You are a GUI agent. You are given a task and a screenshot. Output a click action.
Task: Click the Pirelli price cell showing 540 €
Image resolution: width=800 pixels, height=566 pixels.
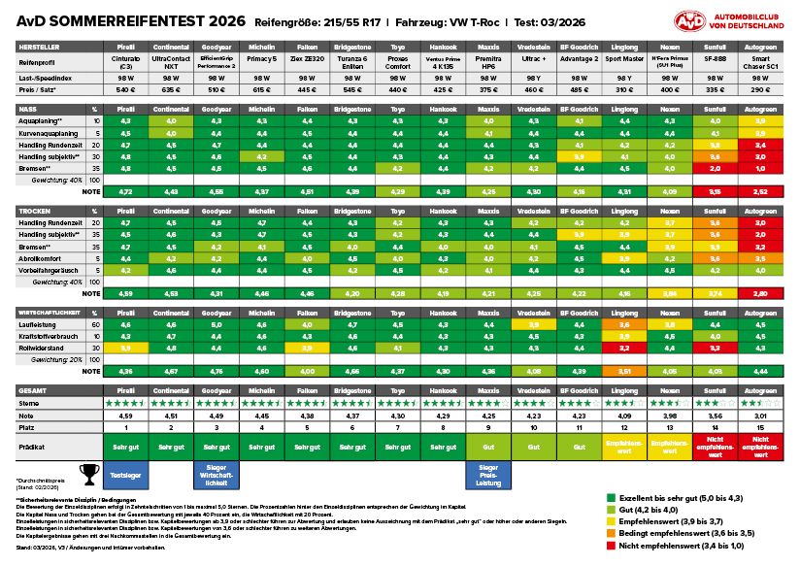click(x=125, y=88)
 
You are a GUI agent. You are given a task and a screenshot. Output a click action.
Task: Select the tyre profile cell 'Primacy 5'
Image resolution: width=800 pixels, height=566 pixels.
click(x=258, y=59)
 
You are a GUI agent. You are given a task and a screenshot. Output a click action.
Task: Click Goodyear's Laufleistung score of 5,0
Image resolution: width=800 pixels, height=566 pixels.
click(x=214, y=323)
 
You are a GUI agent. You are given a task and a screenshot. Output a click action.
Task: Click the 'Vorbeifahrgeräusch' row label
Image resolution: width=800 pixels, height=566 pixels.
click(x=49, y=271)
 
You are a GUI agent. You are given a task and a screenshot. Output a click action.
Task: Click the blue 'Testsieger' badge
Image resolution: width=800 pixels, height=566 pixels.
click(x=125, y=475)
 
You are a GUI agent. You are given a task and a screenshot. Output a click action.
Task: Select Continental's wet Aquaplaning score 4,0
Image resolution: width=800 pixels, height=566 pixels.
click(x=170, y=119)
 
